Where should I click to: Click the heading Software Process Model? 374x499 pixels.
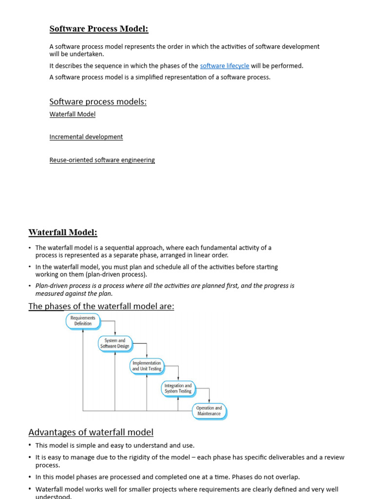pos(99,29)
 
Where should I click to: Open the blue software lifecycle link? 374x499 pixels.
pos(224,66)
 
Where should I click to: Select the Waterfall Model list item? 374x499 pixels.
pos(73,114)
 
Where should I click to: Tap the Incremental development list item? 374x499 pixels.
pos(86,137)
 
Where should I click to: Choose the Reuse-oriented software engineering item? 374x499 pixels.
pos(102,160)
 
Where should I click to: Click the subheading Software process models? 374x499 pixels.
pos(98,101)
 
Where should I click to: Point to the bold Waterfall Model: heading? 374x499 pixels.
pos(63,232)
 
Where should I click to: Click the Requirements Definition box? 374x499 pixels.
pos(83,321)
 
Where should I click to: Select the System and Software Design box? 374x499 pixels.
pos(115,343)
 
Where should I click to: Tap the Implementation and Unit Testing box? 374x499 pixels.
pos(147,366)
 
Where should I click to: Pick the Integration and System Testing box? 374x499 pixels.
pos(178,388)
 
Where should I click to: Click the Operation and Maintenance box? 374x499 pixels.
pos(209,411)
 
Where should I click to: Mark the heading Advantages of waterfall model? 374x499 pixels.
pos(91,432)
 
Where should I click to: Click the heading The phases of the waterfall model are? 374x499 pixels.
pos(101,306)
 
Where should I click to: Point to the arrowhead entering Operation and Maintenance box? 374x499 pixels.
pos(209,402)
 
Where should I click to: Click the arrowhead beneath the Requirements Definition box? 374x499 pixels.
pos(83,330)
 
